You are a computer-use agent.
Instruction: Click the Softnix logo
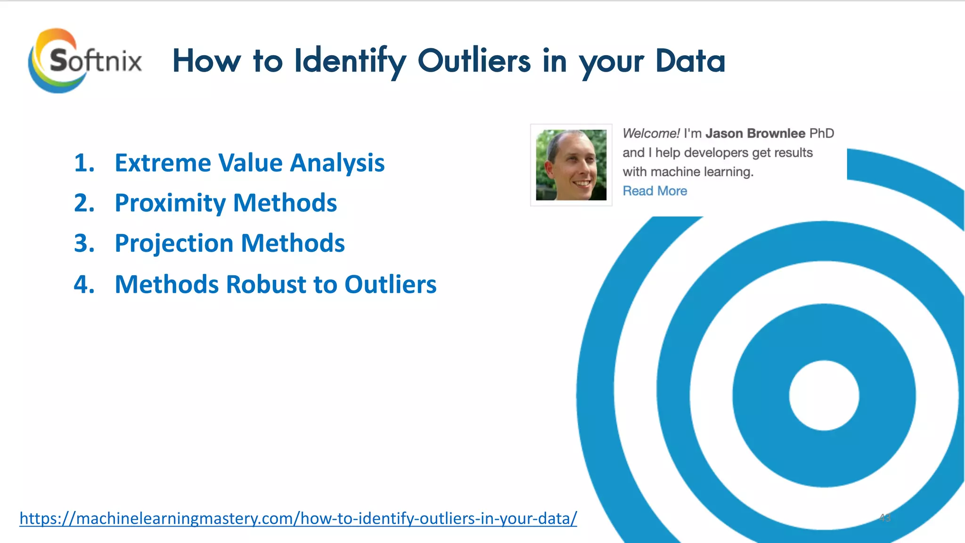[x=85, y=60]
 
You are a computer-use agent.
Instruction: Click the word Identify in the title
[x=350, y=61]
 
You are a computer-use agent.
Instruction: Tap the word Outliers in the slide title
[x=474, y=61]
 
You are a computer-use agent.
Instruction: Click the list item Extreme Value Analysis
[x=249, y=163]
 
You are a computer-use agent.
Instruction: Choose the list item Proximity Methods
[x=226, y=203]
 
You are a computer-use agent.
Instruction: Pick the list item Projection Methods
[x=229, y=244]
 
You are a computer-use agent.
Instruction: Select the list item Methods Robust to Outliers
[x=276, y=285]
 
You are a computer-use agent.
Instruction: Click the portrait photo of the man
[x=571, y=165]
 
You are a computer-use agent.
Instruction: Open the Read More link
[x=654, y=191]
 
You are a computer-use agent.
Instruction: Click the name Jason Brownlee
[x=755, y=133]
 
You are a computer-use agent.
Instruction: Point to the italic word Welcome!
[x=651, y=133]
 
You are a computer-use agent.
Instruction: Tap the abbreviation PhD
[x=822, y=133]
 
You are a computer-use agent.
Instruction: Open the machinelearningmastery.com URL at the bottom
[x=298, y=518]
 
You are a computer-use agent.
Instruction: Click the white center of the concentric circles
[x=824, y=395]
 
